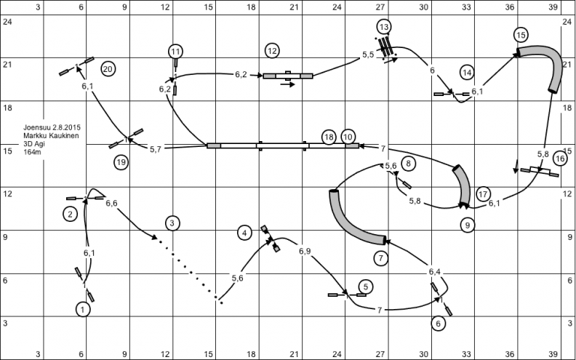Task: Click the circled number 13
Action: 384,27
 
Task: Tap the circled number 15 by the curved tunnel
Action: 521,35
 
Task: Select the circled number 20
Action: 108,68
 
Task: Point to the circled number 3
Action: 172,223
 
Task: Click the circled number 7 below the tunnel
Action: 380,258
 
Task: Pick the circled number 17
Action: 484,194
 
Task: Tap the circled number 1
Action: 83,310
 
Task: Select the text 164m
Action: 32,152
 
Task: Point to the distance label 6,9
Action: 305,251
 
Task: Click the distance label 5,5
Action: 368,55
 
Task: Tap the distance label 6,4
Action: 434,272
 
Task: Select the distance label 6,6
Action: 111,203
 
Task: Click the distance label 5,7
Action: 156,149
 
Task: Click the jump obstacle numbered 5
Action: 347,295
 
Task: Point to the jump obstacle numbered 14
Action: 452,94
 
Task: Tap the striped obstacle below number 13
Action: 385,47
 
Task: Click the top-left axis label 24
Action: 7,22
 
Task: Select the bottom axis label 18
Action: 251,354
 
